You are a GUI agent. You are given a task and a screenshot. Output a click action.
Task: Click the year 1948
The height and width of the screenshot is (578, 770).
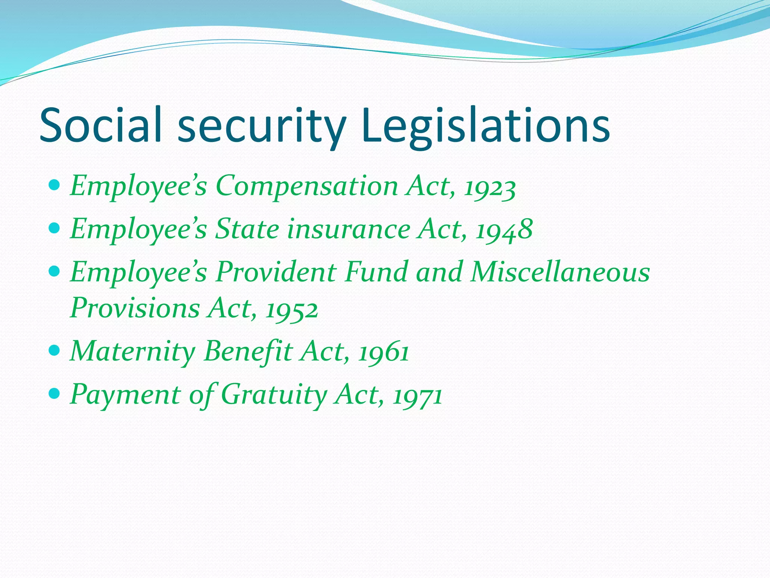(504, 230)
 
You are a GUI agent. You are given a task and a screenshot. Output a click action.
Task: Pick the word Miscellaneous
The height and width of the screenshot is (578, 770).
(560, 272)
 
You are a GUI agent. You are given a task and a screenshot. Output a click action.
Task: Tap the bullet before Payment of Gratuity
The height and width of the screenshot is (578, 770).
(55, 394)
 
